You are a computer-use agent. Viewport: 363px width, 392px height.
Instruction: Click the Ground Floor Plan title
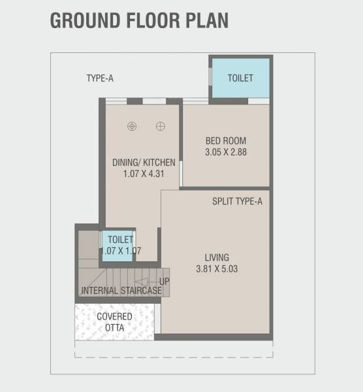[139, 20]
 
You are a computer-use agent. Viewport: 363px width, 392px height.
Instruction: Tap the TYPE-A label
[100, 78]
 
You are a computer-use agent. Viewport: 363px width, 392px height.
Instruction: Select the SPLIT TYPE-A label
[237, 201]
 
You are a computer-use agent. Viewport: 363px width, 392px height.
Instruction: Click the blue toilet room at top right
[240, 79]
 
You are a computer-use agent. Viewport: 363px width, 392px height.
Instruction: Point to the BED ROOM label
[225, 140]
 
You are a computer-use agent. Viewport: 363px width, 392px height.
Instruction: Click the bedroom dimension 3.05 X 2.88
[225, 152]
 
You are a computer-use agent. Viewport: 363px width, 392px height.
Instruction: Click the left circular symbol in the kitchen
[132, 126]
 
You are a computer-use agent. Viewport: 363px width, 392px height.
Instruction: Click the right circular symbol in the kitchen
[160, 126]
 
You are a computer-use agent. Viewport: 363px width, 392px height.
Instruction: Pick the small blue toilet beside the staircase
[118, 246]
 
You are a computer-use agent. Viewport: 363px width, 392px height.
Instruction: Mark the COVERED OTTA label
[115, 322]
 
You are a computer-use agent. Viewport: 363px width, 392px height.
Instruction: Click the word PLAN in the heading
[206, 20]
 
